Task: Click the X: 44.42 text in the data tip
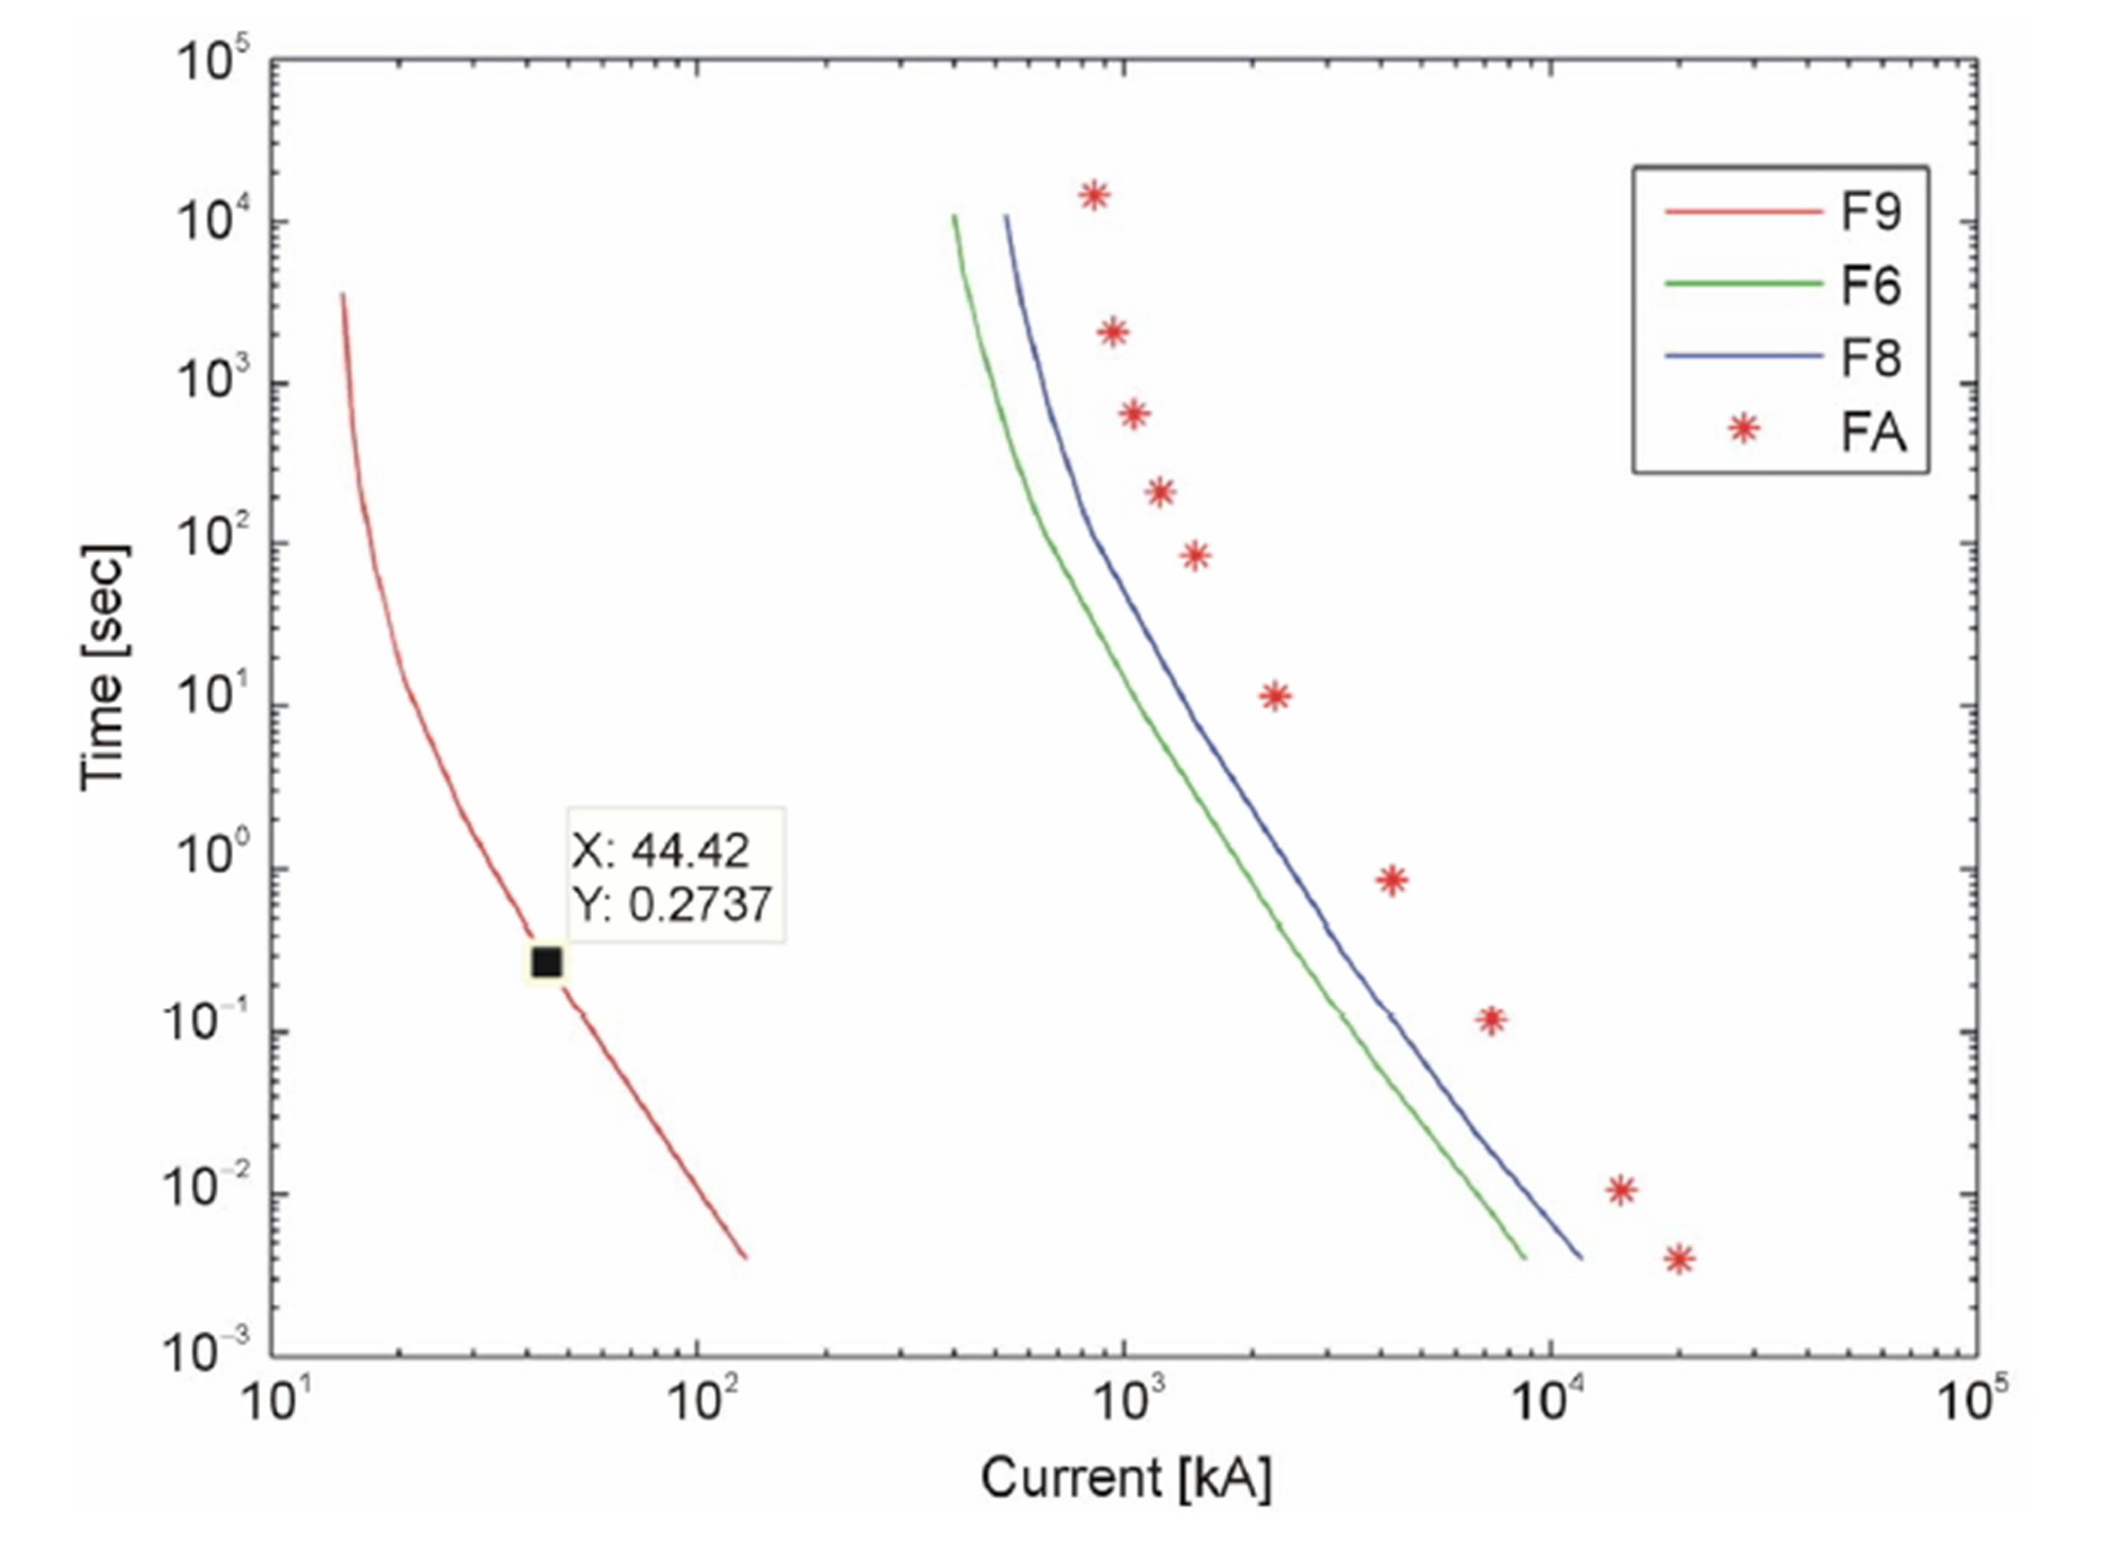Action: coord(661,850)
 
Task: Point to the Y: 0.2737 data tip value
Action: coord(672,903)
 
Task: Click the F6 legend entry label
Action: coord(1870,285)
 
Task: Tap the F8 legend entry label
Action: coord(1870,357)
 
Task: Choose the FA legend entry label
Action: coord(1873,431)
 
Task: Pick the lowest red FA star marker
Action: coord(1679,1259)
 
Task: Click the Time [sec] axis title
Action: coord(105,668)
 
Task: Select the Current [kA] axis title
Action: coord(1126,1478)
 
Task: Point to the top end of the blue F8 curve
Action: coord(1006,217)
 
